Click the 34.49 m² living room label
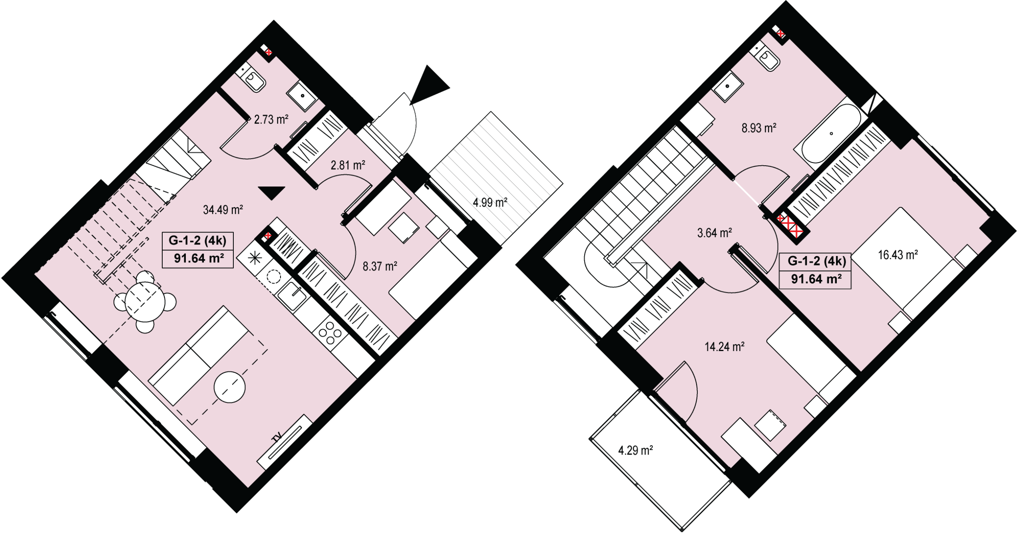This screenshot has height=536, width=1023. coord(223,210)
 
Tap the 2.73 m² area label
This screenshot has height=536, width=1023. coord(271,119)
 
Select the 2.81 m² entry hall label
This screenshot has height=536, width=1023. coord(348,165)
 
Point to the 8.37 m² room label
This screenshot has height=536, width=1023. coord(380,266)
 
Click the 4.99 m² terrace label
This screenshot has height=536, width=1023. coord(490,202)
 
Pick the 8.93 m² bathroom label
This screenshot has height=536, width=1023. coord(759,128)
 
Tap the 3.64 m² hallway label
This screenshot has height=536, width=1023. coord(715,233)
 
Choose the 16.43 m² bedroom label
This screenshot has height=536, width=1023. coord(898,255)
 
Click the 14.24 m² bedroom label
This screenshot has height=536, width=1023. coord(724,346)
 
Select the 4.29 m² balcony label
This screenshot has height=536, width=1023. coord(636,451)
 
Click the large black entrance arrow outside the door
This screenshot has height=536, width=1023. coord(428,85)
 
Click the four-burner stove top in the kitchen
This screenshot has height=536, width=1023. coord(330,333)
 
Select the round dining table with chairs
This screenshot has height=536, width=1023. coord(145,302)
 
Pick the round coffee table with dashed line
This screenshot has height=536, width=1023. coord(230,387)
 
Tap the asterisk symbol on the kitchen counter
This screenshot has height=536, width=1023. coord(255,259)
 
